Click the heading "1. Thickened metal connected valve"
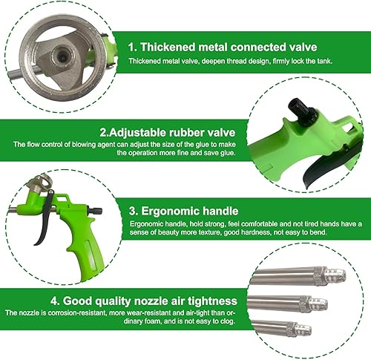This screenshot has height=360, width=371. point(223,47)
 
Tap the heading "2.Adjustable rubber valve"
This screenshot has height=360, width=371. point(168,132)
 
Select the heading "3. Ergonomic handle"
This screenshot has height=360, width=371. point(183,211)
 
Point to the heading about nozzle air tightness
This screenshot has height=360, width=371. point(144,301)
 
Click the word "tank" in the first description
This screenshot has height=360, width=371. point(324,61)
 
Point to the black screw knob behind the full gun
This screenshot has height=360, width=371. point(95,211)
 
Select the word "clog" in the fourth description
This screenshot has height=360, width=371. point(227,321)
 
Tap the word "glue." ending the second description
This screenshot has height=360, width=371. point(227,153)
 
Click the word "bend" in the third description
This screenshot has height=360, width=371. point(318,232)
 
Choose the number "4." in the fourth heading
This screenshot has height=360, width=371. point(55,301)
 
